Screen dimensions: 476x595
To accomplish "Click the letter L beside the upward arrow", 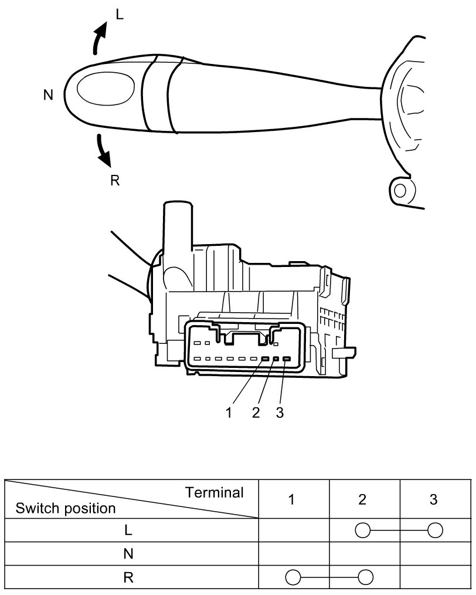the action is click(x=120, y=15).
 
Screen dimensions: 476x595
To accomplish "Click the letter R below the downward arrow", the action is click(x=115, y=181).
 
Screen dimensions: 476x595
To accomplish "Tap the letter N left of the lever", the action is click(x=48, y=95).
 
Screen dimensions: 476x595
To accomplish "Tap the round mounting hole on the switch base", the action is click(x=400, y=191).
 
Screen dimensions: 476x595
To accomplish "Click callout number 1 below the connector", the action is click(x=229, y=413).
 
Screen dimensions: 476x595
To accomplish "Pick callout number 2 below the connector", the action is click(x=256, y=413).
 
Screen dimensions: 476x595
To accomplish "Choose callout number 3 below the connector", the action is click(x=280, y=413).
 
